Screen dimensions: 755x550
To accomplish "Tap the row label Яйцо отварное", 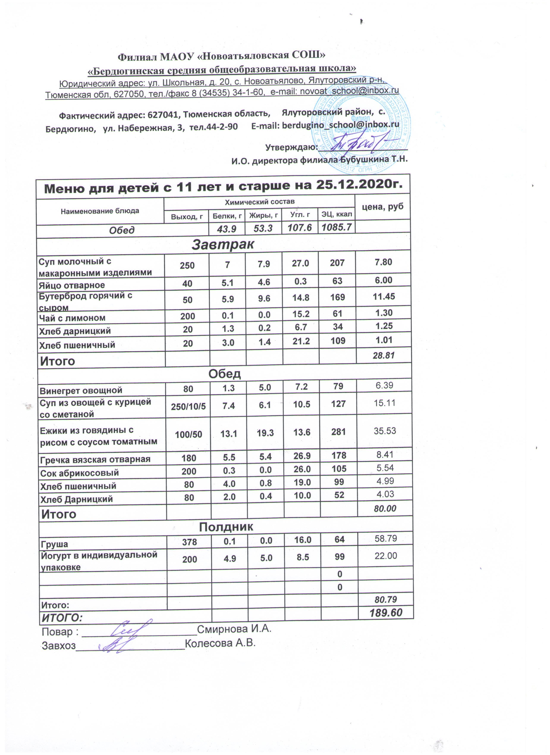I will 72,285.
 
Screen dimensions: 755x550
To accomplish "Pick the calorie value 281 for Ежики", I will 339,432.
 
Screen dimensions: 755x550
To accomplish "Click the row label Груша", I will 54,545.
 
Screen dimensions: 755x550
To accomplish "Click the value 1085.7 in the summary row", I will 337,228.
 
